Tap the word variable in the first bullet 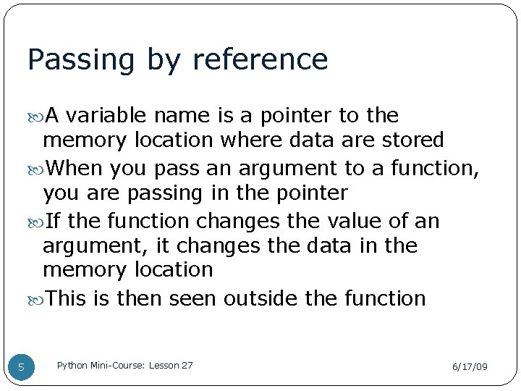pyautogui.click(x=109, y=115)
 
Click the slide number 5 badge pyautogui.click(x=21, y=367)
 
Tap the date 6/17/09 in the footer pyautogui.click(x=470, y=367)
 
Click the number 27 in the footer pyautogui.click(x=187, y=365)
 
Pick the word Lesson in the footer pyautogui.click(x=164, y=365)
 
